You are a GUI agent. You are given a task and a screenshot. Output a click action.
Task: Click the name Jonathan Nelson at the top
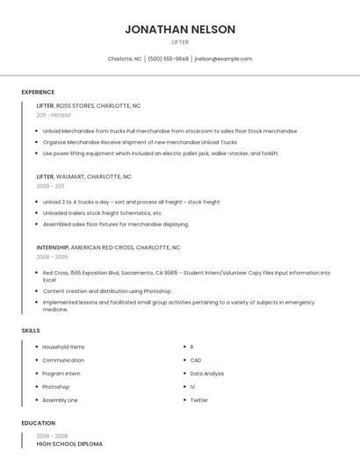coord(180,29)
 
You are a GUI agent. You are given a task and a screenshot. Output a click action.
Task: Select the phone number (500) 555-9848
coord(168,59)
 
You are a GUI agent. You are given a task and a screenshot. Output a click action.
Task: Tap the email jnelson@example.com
coord(223,59)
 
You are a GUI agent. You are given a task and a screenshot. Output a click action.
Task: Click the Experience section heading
coord(38,92)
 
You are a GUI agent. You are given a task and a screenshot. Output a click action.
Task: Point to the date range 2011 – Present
coord(54,115)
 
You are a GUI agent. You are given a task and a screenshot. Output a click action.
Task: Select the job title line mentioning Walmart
coord(84,176)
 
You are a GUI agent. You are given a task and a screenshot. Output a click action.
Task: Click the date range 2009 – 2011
coord(50,186)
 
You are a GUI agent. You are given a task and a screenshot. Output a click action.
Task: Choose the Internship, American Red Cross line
coord(108,247)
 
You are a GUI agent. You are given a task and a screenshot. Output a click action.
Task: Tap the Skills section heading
coord(31,330)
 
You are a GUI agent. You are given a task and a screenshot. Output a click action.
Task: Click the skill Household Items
coord(63,347)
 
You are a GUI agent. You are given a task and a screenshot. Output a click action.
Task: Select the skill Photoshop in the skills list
coord(55,387)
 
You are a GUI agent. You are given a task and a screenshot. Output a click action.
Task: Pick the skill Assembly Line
coord(60,400)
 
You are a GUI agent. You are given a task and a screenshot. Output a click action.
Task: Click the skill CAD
coord(196,361)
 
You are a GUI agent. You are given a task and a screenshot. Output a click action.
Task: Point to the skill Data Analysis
coord(207,374)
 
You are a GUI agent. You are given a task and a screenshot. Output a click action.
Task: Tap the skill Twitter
coord(199,400)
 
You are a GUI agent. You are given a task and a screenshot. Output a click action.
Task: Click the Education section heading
coord(38,423)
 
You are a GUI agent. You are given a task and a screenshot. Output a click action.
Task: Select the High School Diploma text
coord(69,444)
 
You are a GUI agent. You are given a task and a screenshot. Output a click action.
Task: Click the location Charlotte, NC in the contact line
coord(125,59)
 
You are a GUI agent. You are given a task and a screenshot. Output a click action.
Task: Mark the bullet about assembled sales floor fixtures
coord(116,224)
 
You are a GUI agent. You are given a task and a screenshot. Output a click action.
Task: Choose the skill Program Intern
coord(61,374)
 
